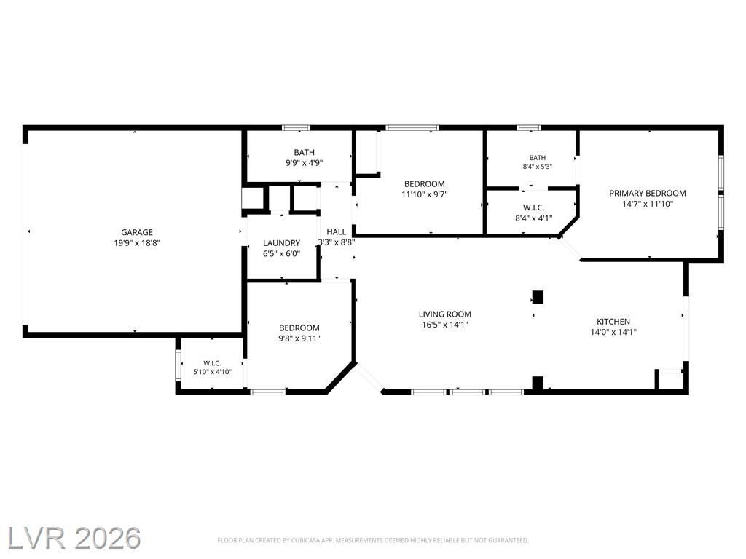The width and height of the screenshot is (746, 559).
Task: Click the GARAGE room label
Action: point(137,232)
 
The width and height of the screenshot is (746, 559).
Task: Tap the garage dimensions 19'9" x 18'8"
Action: point(137,243)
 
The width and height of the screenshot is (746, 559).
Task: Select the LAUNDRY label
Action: point(282,243)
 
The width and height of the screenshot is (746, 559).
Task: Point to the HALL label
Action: point(337,232)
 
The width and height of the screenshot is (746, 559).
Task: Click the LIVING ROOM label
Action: point(445,314)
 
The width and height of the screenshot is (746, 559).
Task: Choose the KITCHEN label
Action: point(613,322)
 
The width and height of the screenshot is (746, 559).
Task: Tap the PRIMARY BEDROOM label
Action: point(648,193)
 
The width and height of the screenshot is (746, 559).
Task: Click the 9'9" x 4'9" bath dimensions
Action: point(304,163)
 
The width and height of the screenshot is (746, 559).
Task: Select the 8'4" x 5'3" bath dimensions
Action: point(538,167)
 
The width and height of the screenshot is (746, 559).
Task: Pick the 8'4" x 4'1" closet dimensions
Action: point(534,218)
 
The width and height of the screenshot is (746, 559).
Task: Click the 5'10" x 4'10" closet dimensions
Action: point(212,372)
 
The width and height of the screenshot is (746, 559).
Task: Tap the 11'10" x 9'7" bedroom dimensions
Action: point(425,194)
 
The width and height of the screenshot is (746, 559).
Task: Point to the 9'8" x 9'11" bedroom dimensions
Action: point(299,338)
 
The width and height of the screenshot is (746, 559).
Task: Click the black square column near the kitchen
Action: point(538,297)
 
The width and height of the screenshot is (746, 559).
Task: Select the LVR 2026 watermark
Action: point(74,538)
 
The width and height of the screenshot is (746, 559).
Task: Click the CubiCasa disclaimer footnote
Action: point(373,541)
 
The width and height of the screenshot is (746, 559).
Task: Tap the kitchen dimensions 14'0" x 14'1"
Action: point(613,333)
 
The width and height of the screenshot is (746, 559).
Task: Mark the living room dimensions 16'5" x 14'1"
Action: point(445,325)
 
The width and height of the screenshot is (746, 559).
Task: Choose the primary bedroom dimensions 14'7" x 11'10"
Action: point(648,204)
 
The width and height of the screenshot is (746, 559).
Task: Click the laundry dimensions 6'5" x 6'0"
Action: point(282,254)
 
